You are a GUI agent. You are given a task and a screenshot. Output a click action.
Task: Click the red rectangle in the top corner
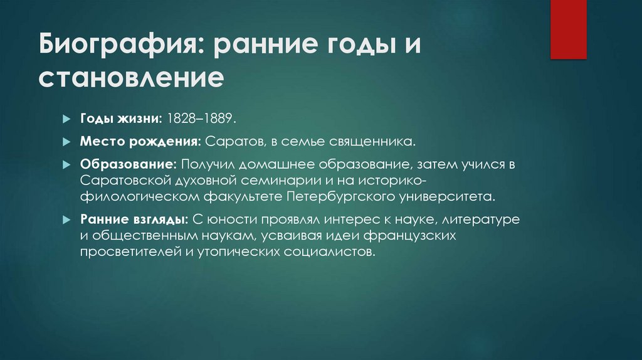tap(568, 29)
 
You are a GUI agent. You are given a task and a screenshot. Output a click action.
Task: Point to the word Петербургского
tap(339, 197)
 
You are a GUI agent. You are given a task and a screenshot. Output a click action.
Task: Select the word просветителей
tap(127, 253)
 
